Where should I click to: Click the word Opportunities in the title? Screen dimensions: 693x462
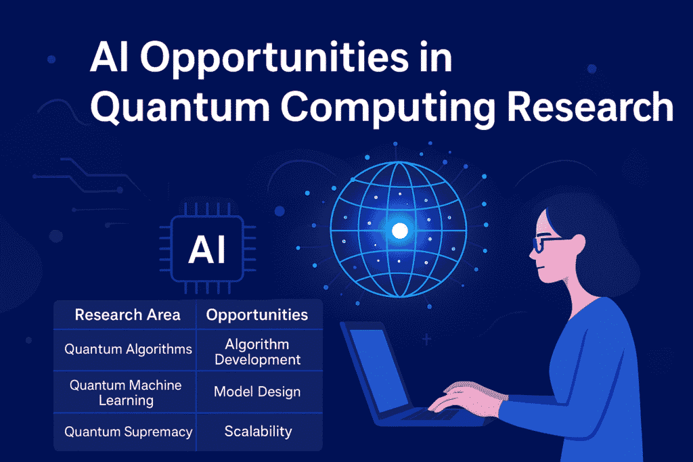click(274, 59)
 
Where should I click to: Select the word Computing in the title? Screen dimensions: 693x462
click(388, 109)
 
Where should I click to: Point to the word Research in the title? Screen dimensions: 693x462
click(589, 106)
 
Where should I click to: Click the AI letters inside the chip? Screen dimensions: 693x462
click(207, 250)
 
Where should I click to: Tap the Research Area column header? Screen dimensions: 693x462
click(128, 315)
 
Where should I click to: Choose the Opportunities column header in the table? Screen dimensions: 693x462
click(256, 315)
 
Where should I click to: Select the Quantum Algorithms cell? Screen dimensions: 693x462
click(128, 349)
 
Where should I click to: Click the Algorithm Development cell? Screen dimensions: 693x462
click(258, 352)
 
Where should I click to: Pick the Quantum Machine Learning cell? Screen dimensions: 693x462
click(126, 392)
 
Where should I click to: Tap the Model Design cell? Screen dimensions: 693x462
click(257, 392)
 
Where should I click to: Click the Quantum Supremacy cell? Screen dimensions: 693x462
click(128, 432)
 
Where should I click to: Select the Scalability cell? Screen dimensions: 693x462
click(258, 431)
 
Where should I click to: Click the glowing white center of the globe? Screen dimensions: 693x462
click(400, 231)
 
